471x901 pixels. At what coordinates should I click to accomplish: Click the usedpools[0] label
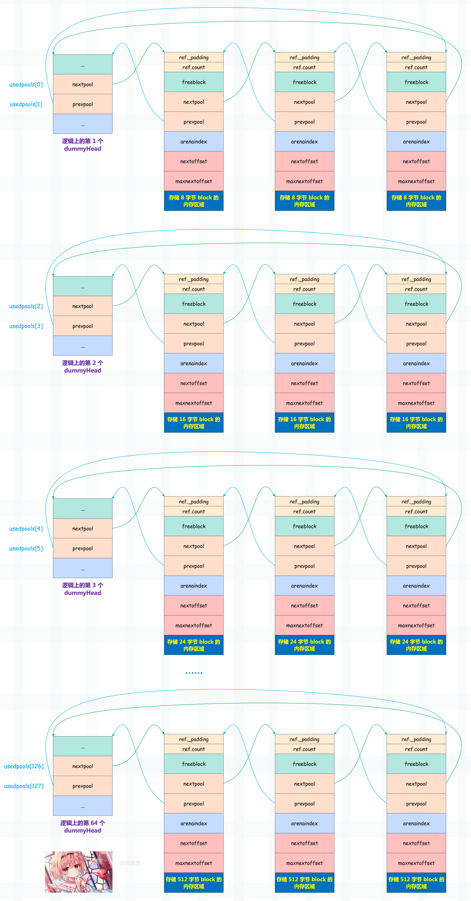pos(26,84)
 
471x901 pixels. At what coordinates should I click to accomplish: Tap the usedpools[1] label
pos(26,104)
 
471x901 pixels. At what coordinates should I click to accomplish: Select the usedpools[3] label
pos(26,326)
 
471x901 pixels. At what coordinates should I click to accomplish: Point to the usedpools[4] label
pos(26,529)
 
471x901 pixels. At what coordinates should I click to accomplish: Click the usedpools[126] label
pos(24,766)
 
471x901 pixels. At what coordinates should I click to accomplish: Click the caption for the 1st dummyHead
pos(83,145)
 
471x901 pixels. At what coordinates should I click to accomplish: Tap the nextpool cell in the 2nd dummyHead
pos(83,306)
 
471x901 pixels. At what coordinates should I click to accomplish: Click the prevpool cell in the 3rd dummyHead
pos(83,548)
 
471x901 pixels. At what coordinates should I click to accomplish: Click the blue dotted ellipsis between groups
pos(194,673)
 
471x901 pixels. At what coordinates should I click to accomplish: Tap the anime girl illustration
pos(79,872)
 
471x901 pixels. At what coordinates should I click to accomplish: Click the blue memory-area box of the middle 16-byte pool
pos(305,423)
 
